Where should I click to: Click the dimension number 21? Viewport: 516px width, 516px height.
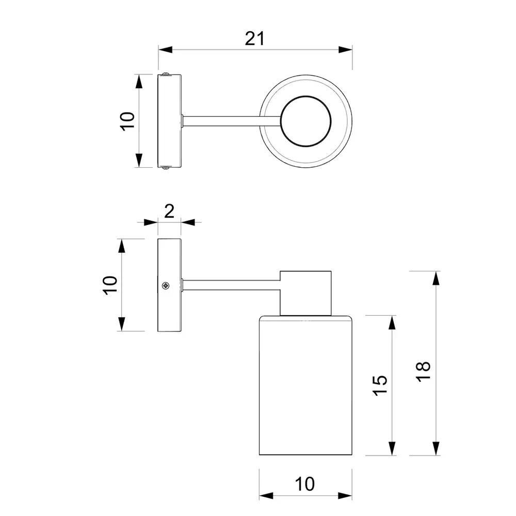[x=254, y=39]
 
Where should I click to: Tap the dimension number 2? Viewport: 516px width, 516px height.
[x=169, y=211]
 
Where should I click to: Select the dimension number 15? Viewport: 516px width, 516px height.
[x=380, y=385]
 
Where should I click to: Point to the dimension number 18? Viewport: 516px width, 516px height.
[x=424, y=371]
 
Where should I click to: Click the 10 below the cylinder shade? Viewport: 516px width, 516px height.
[x=305, y=484]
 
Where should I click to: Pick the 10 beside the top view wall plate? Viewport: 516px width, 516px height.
[x=127, y=121]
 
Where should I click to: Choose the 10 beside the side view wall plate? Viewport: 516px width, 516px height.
[x=110, y=285]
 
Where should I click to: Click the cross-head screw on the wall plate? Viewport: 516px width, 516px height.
[x=166, y=285]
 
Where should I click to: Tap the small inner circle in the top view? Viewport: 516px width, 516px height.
[x=305, y=121]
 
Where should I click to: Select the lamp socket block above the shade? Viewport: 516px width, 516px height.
[x=305, y=293]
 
